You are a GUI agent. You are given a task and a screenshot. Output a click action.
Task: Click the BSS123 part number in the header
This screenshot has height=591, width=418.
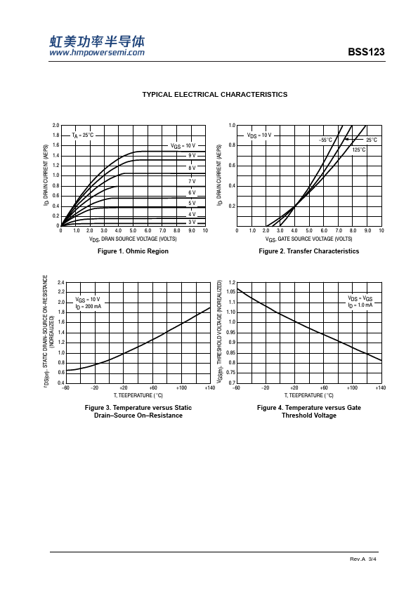(x=366, y=52)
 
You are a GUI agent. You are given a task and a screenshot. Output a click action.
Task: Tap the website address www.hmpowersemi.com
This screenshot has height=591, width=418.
(x=97, y=53)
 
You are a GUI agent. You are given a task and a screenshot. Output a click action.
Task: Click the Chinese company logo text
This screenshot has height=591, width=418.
(x=97, y=41)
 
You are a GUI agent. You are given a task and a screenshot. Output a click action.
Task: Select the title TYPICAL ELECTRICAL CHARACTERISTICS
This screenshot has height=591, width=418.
(x=215, y=95)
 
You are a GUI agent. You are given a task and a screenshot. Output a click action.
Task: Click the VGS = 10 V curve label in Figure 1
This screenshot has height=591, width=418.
(x=183, y=146)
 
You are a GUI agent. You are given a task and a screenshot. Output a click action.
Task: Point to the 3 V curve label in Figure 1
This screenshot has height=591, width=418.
(x=192, y=223)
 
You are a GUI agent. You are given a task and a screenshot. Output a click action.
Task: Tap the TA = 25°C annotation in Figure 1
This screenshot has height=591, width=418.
(x=83, y=135)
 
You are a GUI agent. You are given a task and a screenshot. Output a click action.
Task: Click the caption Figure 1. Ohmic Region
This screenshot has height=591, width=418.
(x=133, y=251)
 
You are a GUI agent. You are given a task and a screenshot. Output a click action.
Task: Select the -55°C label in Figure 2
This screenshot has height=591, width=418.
(x=325, y=140)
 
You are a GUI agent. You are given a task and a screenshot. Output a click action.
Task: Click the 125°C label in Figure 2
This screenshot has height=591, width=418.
(x=359, y=150)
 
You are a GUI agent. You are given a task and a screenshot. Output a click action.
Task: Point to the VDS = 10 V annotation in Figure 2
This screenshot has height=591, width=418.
(x=259, y=135)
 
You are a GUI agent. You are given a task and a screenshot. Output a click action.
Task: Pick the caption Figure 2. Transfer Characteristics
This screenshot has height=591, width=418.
(x=309, y=251)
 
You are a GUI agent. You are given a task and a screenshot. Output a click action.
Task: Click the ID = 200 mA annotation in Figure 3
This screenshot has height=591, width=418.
(x=89, y=307)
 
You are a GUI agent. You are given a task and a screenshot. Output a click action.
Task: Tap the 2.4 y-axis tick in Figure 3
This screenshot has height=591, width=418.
(x=61, y=282)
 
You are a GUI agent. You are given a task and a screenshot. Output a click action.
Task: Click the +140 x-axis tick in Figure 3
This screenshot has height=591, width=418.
(x=210, y=388)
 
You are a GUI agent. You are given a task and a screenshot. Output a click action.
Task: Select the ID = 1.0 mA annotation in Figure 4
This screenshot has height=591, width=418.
(x=360, y=305)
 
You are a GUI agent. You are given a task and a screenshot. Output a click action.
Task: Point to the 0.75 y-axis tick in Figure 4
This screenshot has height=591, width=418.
(x=231, y=373)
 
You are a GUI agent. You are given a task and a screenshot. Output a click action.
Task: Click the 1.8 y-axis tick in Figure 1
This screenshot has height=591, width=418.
(x=55, y=135)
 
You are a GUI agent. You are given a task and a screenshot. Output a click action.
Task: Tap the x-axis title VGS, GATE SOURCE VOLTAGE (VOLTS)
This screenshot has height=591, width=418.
(x=308, y=239)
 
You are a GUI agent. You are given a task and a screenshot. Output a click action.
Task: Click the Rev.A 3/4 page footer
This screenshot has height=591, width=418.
(x=363, y=559)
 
